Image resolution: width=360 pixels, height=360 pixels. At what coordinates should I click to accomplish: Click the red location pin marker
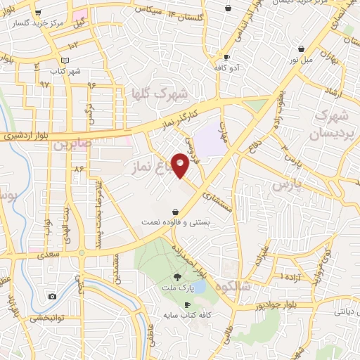point(181,165)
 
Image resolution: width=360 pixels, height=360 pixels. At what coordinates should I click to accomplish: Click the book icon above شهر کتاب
point(65,61)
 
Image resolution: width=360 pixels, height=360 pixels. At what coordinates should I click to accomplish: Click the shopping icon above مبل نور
point(302,49)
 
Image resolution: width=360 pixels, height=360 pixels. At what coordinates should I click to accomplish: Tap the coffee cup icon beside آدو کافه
point(226,57)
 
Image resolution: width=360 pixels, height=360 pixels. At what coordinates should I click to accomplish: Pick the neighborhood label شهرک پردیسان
point(330,123)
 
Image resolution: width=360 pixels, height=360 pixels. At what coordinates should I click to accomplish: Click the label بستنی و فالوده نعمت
point(174,221)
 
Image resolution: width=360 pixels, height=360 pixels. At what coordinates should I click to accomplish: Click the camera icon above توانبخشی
point(52,296)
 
